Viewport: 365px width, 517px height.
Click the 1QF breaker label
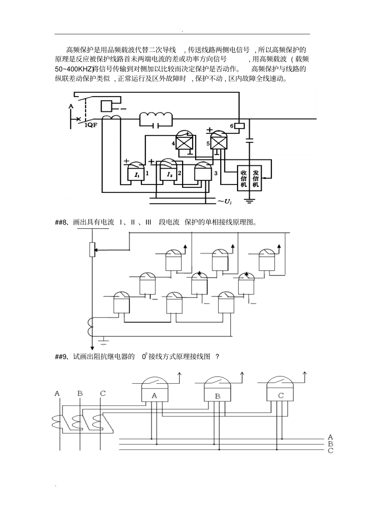point(91,125)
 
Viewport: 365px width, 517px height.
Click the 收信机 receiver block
point(244,178)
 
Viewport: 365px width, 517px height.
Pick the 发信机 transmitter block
point(255,178)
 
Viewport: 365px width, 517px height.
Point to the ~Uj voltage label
point(224,201)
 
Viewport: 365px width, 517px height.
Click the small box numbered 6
point(239,126)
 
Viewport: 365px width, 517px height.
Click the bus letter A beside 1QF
point(71,106)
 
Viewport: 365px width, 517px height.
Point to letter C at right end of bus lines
point(330,450)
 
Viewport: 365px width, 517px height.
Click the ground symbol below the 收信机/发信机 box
point(250,201)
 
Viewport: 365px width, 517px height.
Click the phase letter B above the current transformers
point(80,393)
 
